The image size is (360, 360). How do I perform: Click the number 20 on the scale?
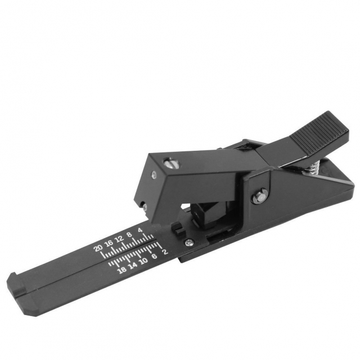click(x=98, y=248)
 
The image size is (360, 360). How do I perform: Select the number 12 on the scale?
click(x=119, y=238)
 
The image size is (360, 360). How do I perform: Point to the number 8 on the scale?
click(x=129, y=235)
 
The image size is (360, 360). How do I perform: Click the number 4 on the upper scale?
click(x=140, y=230)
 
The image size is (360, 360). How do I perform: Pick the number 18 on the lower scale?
click(x=121, y=270)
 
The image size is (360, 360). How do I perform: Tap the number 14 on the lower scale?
click(x=133, y=265)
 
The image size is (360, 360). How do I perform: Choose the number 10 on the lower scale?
click(x=144, y=261)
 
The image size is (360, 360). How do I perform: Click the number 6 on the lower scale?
click(x=155, y=256)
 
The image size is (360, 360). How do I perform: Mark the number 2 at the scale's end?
click(x=165, y=252)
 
